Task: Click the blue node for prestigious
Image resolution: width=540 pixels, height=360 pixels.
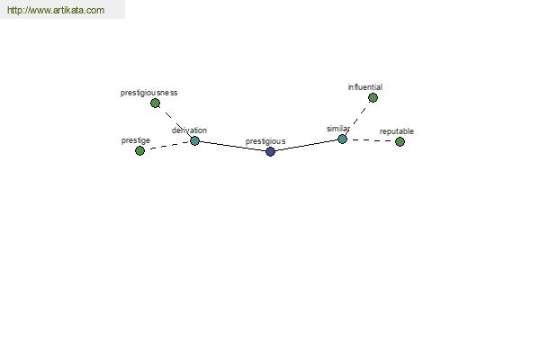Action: point(270,151)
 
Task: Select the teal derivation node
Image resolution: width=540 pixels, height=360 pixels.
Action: point(194,140)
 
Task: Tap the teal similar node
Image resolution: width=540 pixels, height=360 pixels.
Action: point(342,139)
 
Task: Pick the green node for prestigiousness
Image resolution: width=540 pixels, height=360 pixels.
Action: point(155,103)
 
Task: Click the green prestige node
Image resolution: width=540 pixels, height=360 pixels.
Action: point(139,150)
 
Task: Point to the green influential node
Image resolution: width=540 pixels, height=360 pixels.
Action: point(373,98)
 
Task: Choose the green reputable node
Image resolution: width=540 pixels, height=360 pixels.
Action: point(400,141)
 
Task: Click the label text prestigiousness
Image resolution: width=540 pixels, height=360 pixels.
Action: point(148,93)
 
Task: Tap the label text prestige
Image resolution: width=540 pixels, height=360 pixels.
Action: point(136,140)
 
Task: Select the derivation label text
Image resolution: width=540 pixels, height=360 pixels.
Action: point(189,130)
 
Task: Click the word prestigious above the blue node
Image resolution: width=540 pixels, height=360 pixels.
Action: point(265,141)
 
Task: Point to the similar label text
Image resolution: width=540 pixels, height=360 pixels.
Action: point(338,129)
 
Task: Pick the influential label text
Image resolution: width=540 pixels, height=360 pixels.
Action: point(365,87)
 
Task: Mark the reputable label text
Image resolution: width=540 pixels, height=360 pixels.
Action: point(396,131)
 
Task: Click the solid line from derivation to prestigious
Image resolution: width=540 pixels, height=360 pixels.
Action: point(232,146)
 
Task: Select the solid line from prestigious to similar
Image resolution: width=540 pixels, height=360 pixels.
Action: point(307,146)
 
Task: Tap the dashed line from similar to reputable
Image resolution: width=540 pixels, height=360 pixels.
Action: point(371,140)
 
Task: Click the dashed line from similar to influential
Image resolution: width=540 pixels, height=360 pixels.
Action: point(357,119)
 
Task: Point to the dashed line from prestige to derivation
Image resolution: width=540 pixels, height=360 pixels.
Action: point(167,146)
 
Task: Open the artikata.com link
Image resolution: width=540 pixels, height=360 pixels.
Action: point(56,10)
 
